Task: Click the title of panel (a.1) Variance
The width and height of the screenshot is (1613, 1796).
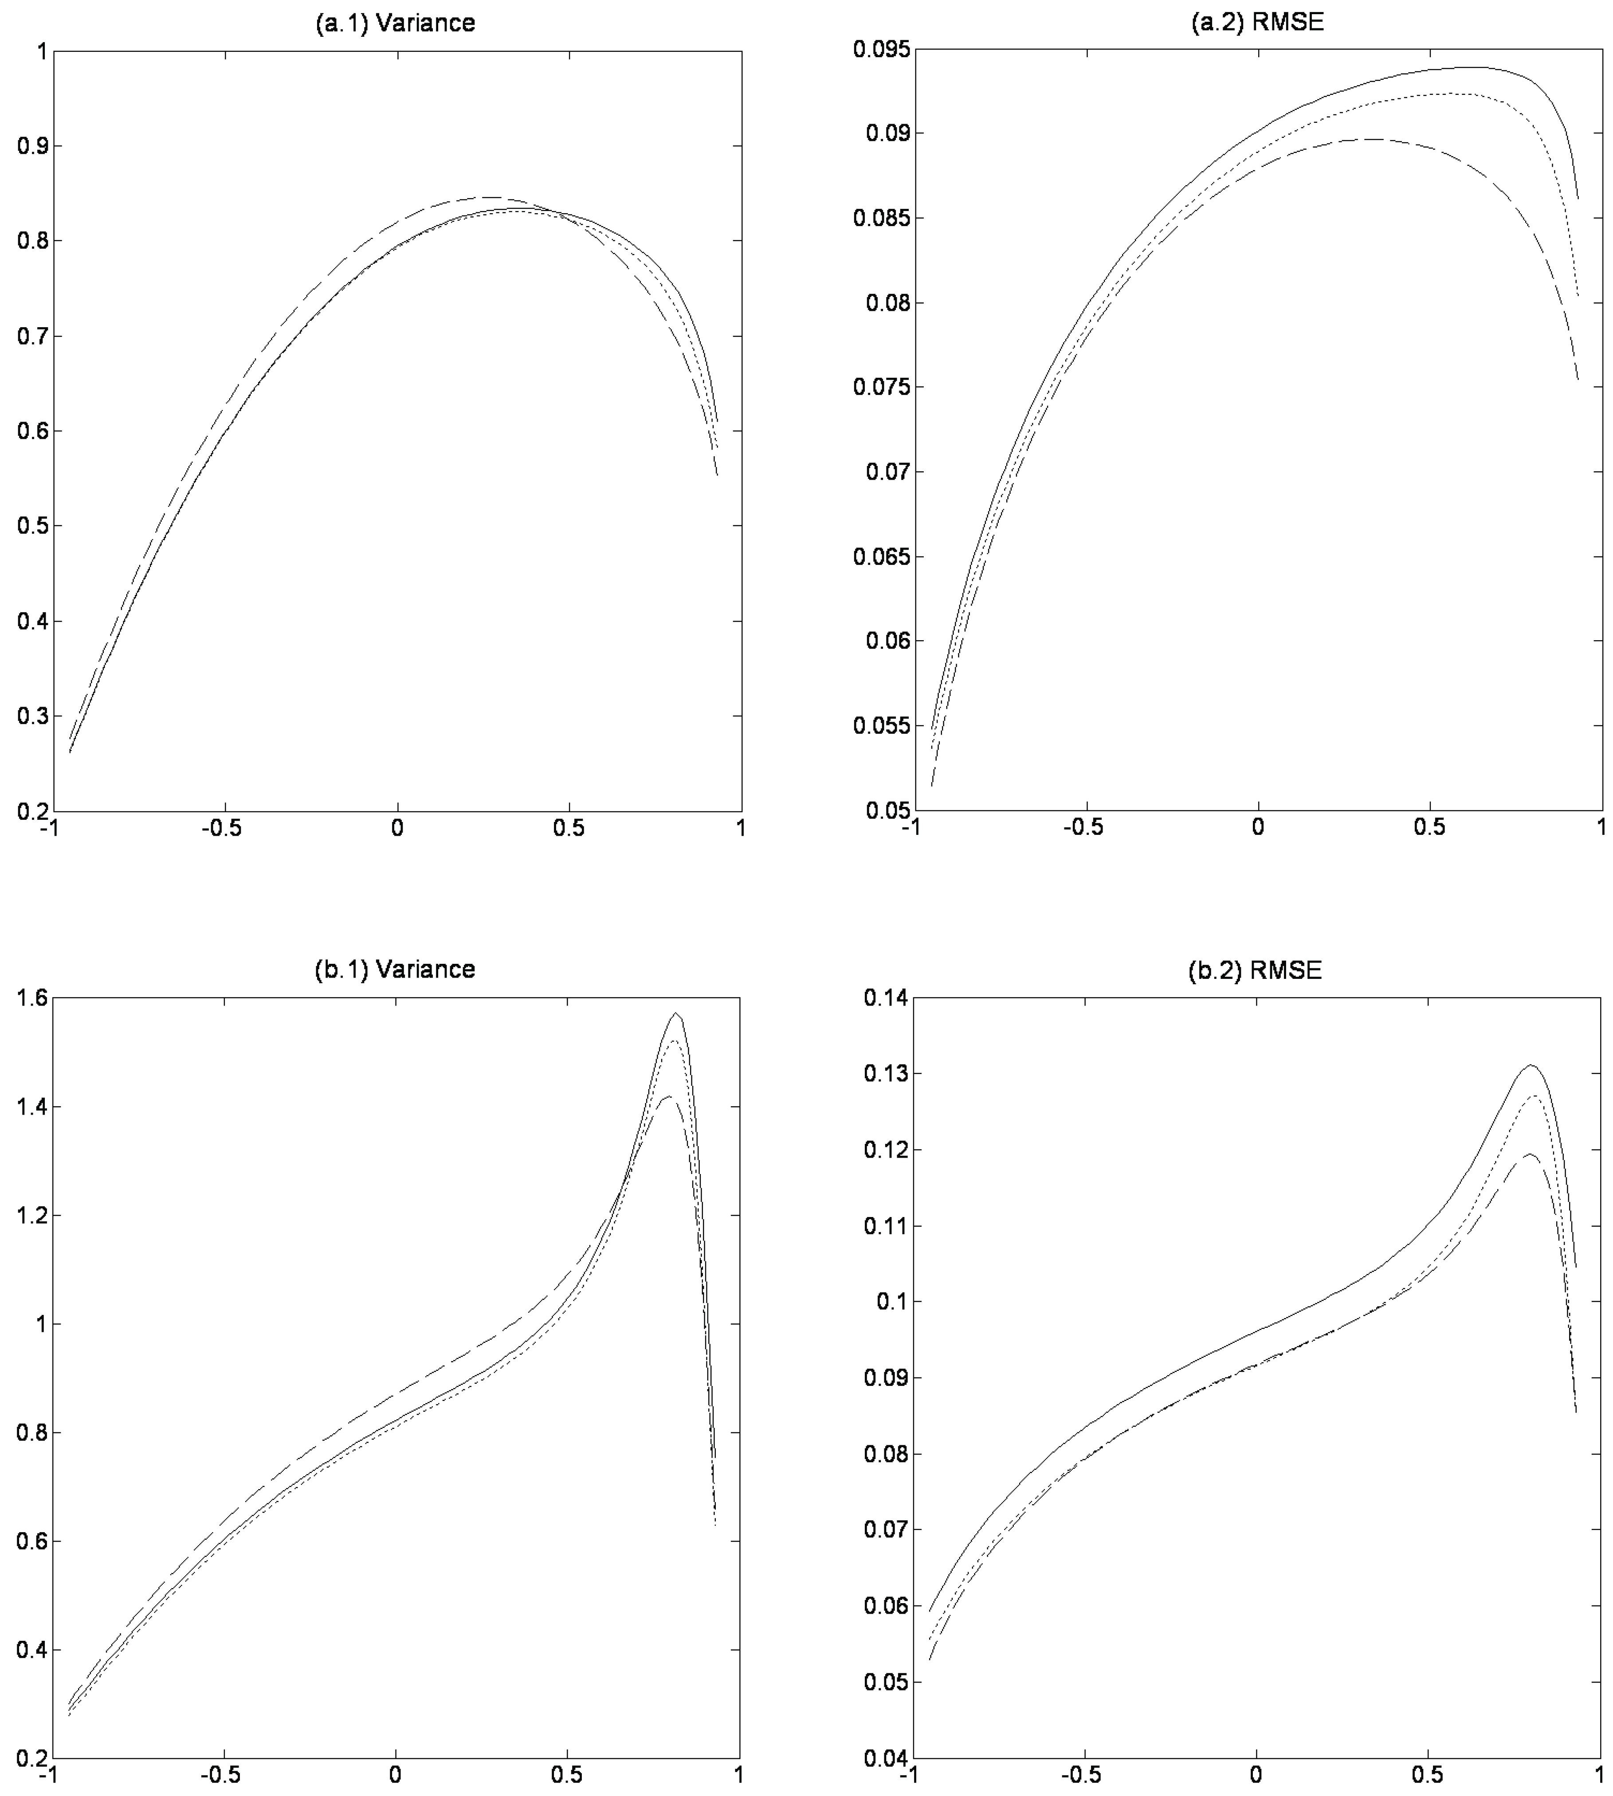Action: [395, 23]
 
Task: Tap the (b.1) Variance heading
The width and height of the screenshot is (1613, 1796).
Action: [395, 969]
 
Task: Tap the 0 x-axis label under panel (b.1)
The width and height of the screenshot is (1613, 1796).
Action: [395, 1776]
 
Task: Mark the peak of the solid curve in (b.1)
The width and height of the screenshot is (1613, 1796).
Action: [676, 1013]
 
